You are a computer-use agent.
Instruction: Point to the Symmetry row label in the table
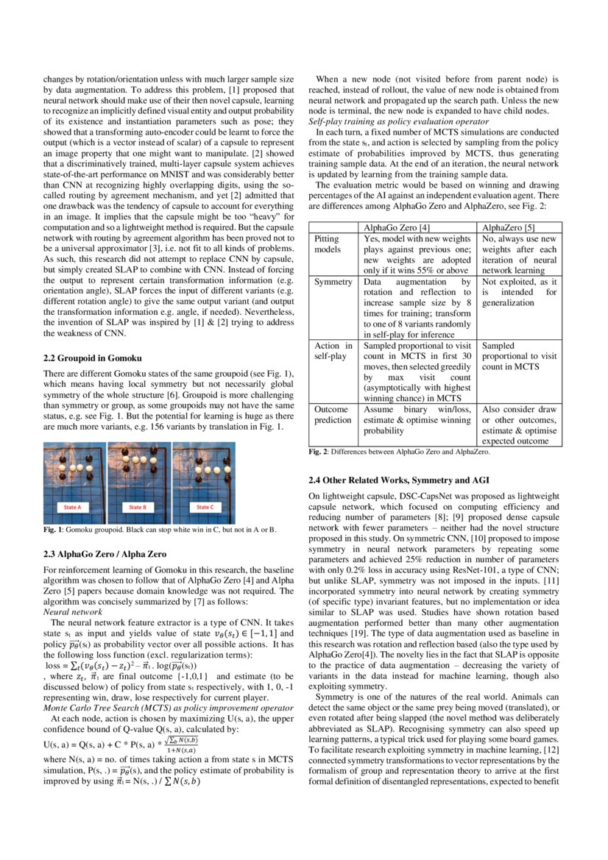point(333,282)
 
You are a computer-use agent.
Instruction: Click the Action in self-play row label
point(333,351)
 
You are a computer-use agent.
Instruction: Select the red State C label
point(204,507)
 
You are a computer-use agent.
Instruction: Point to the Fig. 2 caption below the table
point(398,452)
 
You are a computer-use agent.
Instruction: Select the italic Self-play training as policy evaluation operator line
point(398,121)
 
